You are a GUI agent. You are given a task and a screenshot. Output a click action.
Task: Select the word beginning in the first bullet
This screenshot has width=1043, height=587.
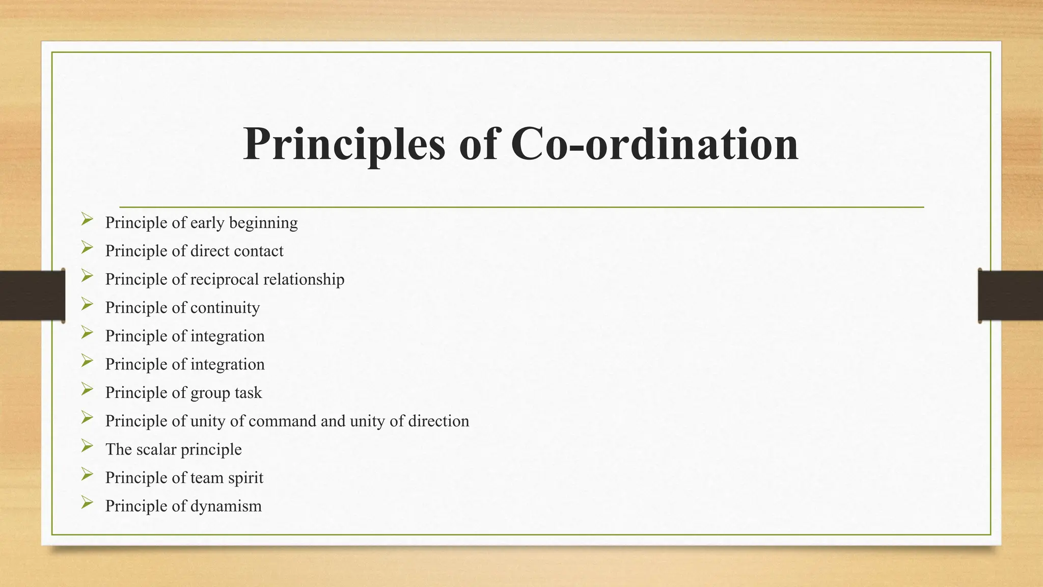(263, 223)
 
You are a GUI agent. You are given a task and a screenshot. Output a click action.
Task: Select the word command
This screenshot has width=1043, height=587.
(289, 421)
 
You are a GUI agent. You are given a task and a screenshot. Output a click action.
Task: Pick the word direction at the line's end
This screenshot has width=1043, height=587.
(438, 421)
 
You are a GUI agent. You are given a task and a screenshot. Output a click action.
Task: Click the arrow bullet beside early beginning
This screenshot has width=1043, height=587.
(87, 220)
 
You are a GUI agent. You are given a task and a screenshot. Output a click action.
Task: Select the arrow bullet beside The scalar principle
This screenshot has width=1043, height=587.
(87, 446)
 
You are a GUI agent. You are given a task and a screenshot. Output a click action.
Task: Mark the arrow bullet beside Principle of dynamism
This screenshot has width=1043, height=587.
(87, 503)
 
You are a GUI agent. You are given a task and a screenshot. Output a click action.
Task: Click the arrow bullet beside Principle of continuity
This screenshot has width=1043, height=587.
(87, 305)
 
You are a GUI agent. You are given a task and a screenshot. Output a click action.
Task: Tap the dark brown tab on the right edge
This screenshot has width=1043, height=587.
(1010, 296)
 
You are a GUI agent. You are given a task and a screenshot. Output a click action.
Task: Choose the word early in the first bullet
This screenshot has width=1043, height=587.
(207, 223)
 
